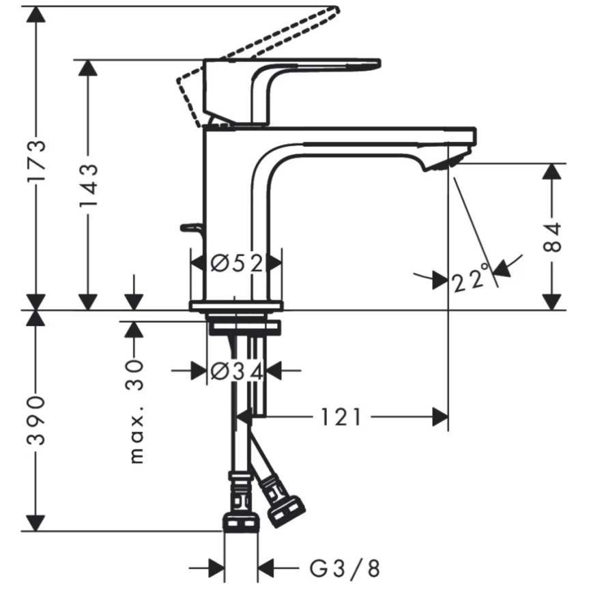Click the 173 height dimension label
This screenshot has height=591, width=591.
38,161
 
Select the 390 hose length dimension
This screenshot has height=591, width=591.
38,420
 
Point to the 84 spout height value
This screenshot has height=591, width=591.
554,236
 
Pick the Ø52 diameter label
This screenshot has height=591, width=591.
236,263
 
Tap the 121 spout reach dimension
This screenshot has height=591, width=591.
341,416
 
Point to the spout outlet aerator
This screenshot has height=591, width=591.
444,162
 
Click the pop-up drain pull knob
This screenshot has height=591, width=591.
188,227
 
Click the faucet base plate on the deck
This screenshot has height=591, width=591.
235,306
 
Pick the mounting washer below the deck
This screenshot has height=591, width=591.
244,329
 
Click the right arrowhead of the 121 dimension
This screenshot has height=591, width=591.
441,416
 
